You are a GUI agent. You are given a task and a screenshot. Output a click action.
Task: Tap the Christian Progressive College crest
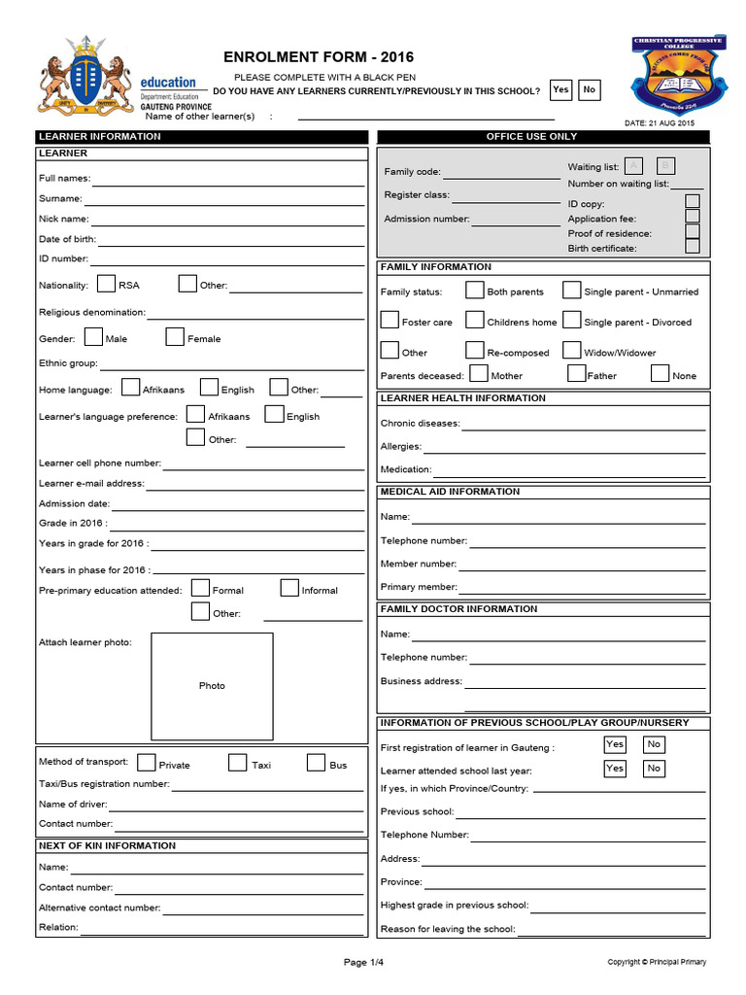(670, 76)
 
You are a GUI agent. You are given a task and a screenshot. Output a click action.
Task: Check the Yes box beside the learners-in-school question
(560, 90)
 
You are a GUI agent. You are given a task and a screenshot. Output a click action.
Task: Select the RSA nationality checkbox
(107, 284)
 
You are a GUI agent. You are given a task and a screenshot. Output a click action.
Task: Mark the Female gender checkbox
(175, 337)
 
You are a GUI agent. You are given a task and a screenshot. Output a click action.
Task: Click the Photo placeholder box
(212, 686)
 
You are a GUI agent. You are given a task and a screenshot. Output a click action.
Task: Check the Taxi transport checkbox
(238, 763)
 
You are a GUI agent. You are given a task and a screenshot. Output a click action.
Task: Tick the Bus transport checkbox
(316, 763)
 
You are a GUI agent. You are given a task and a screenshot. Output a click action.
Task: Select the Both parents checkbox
(474, 291)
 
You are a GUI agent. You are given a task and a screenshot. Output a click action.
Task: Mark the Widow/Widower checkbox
(571, 351)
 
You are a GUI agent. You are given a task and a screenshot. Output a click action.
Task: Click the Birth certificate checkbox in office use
(692, 247)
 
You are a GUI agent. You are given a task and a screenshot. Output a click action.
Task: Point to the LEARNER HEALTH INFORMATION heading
(463, 398)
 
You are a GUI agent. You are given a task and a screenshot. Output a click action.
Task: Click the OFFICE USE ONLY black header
(543, 137)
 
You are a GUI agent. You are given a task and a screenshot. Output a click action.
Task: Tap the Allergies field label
(401, 447)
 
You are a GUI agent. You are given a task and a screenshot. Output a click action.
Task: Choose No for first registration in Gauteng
(655, 745)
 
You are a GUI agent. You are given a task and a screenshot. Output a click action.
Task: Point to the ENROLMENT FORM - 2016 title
(305, 57)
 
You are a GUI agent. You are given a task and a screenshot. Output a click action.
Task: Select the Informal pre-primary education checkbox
(289, 588)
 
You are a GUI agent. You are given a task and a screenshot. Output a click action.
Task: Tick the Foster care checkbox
(389, 321)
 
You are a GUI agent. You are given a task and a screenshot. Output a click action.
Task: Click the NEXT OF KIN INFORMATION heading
(108, 845)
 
